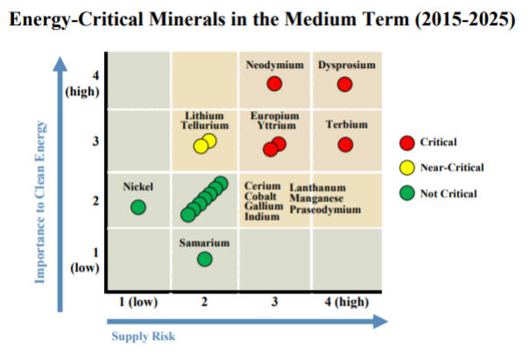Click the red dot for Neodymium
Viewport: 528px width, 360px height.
[274, 84]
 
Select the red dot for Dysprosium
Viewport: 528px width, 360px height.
[345, 84]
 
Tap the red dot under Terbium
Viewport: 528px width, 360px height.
[345, 144]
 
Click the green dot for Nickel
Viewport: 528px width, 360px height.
[138, 207]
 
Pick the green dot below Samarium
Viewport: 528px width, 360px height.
[205, 259]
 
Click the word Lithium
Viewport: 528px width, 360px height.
[205, 115]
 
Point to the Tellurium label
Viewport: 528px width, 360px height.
[205, 126]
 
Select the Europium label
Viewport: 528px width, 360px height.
[274, 115]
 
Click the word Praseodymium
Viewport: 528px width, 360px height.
[325, 210]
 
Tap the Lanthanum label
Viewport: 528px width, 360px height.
[317, 187]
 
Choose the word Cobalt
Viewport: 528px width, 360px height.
[261, 197]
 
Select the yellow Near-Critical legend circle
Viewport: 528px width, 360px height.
[406, 167]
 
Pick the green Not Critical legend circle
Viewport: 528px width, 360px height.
[406, 193]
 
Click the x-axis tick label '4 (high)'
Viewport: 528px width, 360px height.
[345, 302]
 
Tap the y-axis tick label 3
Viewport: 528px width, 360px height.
[95, 142]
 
